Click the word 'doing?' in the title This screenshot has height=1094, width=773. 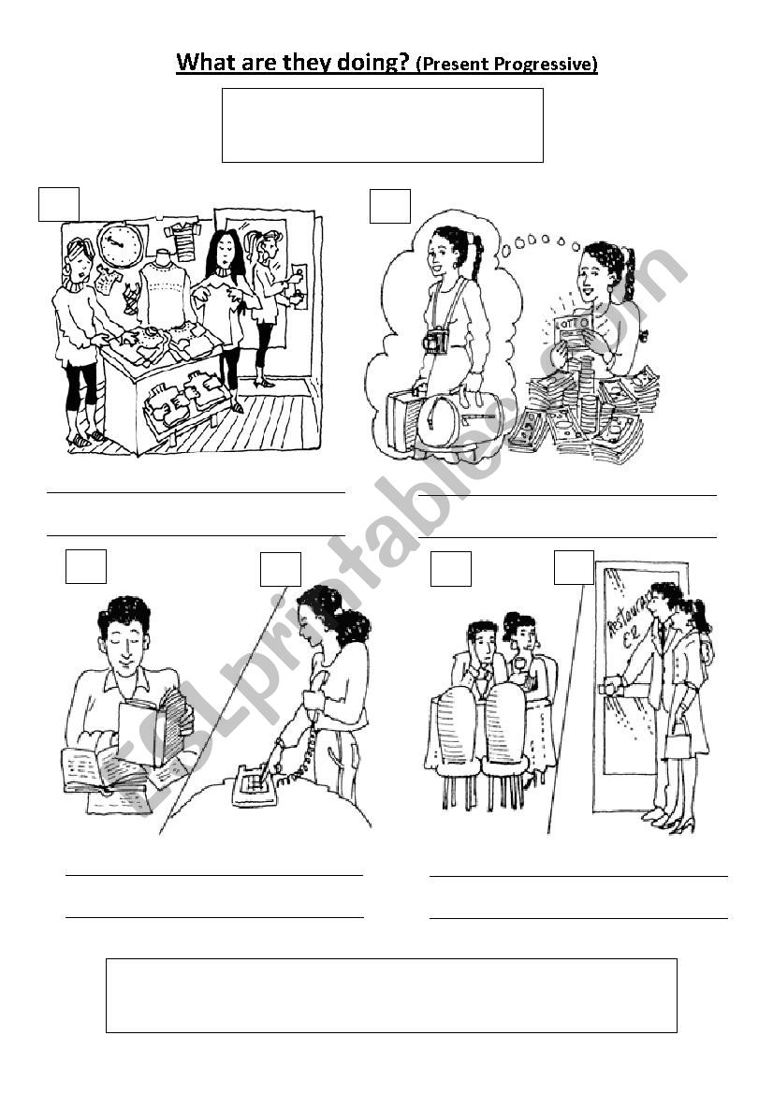pyautogui.click(x=373, y=63)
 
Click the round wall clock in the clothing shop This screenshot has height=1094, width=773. pyautogui.click(x=120, y=245)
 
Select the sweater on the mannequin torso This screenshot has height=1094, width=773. pyautogui.click(x=164, y=293)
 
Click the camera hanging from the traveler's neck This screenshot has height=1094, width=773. pyautogui.click(x=437, y=341)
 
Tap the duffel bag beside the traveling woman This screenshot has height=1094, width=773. pyautogui.click(x=459, y=417)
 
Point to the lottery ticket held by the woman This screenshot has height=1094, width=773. pyautogui.click(x=573, y=328)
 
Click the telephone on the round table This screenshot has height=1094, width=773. pyautogui.click(x=254, y=785)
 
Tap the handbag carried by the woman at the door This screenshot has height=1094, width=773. pyautogui.click(x=678, y=742)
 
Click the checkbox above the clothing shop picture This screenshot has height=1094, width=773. pyautogui.click(x=59, y=204)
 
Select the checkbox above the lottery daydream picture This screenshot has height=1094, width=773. pyautogui.click(x=390, y=206)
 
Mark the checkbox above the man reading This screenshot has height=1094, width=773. pyautogui.click(x=86, y=566)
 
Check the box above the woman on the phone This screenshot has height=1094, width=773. pyautogui.click(x=281, y=569)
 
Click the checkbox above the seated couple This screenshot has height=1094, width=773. pyautogui.click(x=451, y=569)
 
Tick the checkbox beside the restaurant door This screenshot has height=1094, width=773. pyautogui.click(x=575, y=567)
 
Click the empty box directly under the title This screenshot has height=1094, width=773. pyautogui.click(x=383, y=124)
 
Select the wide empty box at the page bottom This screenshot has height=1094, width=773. pyautogui.click(x=391, y=996)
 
